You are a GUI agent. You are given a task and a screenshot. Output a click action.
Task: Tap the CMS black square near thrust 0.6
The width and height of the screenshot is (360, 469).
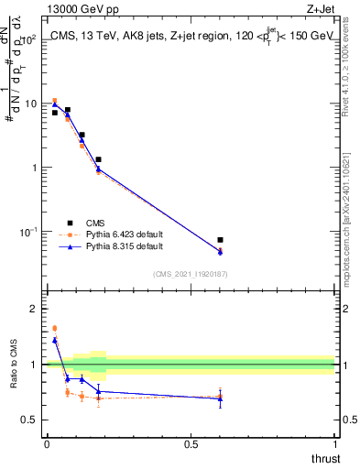coord(220,240)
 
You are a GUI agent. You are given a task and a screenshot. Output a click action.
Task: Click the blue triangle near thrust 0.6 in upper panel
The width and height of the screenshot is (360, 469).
coord(220,252)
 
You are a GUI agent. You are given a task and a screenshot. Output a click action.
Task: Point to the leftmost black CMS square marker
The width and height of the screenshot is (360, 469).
coord(55,113)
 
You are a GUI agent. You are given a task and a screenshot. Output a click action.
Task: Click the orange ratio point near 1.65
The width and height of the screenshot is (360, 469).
coord(55,328)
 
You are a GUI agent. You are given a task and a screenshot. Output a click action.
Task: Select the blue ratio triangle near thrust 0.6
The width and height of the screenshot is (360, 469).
coord(220,398)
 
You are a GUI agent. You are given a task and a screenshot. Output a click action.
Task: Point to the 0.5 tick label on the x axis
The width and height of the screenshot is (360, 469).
coord(191,442)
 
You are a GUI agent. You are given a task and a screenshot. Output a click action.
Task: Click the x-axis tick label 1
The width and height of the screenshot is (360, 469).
coord(335,442)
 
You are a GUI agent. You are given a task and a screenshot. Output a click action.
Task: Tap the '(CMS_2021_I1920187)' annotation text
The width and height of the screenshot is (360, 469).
coord(190,274)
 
